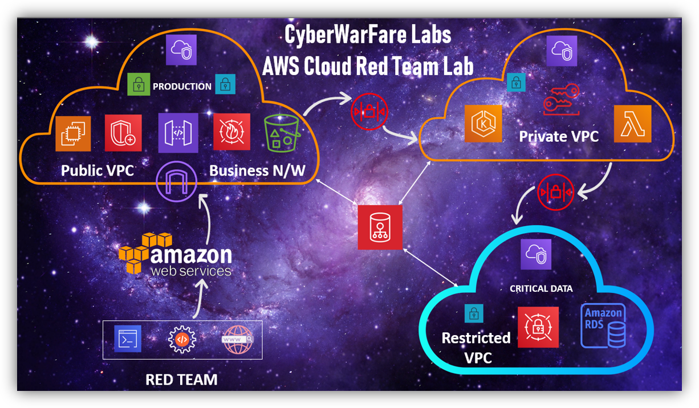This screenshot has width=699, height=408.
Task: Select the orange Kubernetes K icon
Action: [x=483, y=123]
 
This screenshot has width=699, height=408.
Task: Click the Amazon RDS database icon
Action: [x=603, y=325]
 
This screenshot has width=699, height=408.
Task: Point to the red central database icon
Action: [x=380, y=227]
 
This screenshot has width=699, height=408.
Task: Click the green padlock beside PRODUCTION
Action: [x=138, y=85]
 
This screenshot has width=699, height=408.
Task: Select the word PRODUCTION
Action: [x=182, y=87]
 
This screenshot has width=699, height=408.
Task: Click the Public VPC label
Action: [x=97, y=170]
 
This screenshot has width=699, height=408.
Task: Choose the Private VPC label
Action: [x=559, y=137]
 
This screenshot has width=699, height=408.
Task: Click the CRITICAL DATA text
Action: [x=541, y=289]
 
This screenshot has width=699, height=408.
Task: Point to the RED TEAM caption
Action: [x=181, y=380]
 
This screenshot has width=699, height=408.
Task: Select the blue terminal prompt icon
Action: [x=127, y=340]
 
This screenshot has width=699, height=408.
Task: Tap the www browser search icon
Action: [x=237, y=340]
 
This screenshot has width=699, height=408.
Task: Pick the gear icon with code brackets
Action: [x=182, y=340]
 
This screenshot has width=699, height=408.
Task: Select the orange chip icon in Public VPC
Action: [x=73, y=133]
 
